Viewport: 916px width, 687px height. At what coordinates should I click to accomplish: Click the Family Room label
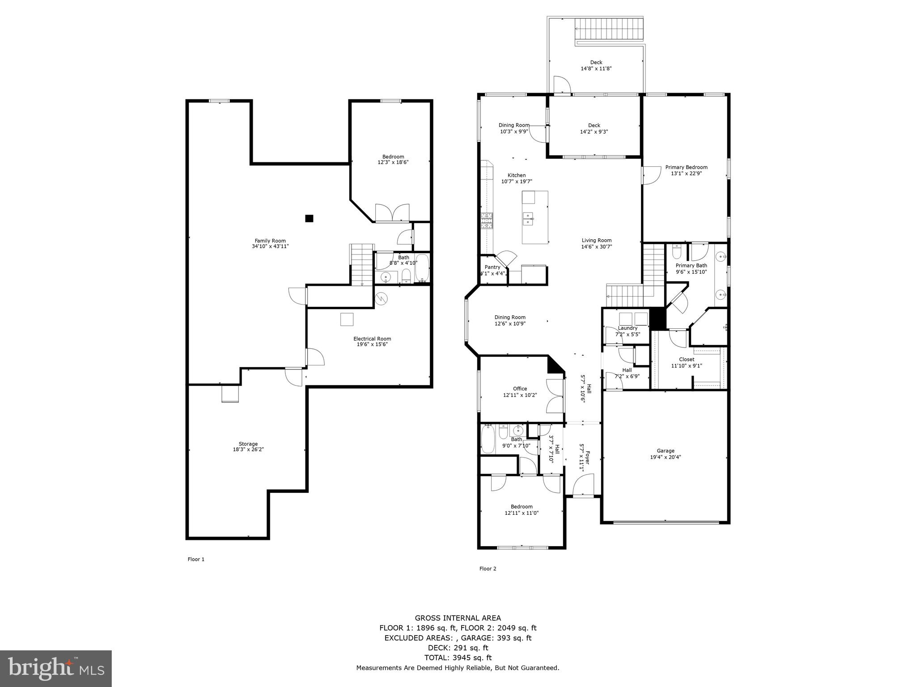click(270, 241)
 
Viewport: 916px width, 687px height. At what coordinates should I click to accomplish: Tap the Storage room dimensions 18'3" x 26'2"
click(248, 450)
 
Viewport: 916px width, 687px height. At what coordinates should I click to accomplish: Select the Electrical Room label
click(372, 339)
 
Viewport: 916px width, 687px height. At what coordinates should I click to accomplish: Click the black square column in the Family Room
click(309, 218)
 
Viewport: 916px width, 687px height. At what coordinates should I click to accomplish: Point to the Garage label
click(666, 451)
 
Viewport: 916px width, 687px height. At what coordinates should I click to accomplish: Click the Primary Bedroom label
click(686, 167)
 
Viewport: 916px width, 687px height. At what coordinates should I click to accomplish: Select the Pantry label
click(492, 267)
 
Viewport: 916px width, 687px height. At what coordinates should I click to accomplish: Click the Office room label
click(520, 389)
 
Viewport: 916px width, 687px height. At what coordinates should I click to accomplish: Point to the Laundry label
click(628, 328)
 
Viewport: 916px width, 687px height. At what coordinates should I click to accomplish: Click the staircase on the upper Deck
click(609, 29)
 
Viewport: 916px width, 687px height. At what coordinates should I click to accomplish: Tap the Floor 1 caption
click(196, 559)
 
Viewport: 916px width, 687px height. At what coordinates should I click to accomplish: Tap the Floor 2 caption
click(488, 568)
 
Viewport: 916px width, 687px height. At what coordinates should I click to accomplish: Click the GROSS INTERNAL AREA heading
click(458, 618)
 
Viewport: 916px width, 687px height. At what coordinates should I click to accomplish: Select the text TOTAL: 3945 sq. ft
click(458, 657)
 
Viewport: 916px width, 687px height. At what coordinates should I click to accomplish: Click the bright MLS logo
click(56, 668)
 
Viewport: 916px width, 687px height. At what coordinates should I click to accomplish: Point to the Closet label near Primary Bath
click(687, 359)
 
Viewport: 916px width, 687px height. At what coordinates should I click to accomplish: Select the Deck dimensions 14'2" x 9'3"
click(594, 132)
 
